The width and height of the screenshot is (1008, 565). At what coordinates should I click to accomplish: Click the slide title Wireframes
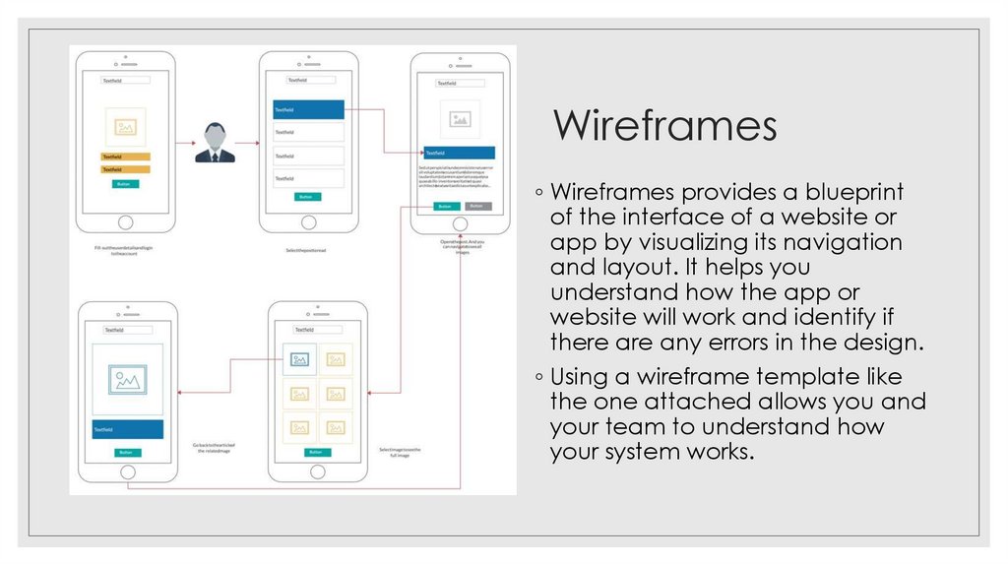coord(664,126)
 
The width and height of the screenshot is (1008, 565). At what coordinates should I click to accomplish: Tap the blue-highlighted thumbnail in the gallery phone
coord(299,358)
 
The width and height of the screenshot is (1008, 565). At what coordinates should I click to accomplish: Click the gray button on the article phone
coord(476,206)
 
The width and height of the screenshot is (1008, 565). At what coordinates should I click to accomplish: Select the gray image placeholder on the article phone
coord(459,119)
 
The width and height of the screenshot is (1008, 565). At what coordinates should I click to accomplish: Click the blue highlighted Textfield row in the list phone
coord(308,110)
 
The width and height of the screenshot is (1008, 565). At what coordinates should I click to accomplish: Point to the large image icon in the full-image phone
coord(127,379)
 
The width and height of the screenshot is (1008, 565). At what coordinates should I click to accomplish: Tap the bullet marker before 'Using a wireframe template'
coord(538,377)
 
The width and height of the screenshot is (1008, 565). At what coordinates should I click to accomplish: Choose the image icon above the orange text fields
coord(125,127)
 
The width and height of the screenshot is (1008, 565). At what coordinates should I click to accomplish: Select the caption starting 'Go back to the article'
coord(213,449)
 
